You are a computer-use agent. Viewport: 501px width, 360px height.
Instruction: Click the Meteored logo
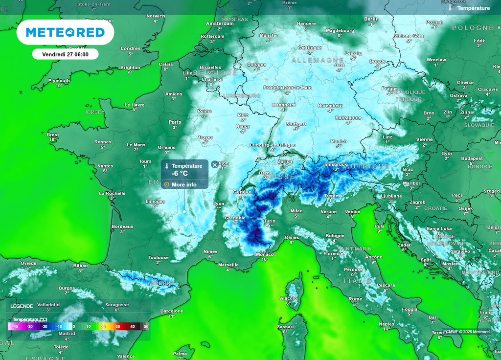point(65,32)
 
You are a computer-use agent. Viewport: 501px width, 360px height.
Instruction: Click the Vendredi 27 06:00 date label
point(65,54)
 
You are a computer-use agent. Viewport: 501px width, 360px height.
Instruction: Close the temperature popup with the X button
point(215,165)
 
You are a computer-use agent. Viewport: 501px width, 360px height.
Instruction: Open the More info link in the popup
point(184,184)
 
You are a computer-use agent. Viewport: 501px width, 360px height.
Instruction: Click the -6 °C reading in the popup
point(177,173)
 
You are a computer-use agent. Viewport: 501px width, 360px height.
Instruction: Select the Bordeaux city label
point(122,226)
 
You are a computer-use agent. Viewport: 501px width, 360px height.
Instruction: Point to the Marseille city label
point(228,265)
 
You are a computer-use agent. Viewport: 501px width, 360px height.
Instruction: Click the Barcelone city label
point(172,311)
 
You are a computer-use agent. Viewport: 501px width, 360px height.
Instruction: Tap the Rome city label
point(355,299)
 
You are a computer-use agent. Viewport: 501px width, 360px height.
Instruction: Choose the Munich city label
point(338,141)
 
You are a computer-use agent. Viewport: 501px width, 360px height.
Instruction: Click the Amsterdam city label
point(220,23)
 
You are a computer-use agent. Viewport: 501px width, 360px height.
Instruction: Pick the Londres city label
point(131,48)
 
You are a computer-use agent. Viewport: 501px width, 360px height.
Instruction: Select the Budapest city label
point(472,158)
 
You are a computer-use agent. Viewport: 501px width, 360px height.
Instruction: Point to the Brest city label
point(52,135)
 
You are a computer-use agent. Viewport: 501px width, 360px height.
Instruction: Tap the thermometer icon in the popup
point(167,166)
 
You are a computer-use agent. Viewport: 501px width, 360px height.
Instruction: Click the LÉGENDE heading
point(22,306)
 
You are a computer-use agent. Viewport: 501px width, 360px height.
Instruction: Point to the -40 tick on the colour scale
point(15,326)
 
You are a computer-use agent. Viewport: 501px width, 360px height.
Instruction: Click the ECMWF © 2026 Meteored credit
point(466,332)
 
